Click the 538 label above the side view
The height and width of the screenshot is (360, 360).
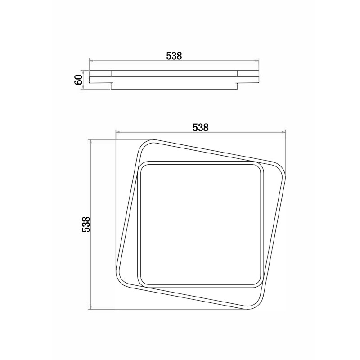(174, 56)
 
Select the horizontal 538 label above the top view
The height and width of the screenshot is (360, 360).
(200, 127)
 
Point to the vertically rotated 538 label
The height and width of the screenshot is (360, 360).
(85, 225)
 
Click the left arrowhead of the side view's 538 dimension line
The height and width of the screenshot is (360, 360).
(91, 61)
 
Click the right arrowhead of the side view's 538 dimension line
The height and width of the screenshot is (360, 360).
(257, 61)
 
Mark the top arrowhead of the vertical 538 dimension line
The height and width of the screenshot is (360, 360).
(91, 142)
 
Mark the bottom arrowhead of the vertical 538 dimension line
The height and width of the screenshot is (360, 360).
(91, 307)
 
